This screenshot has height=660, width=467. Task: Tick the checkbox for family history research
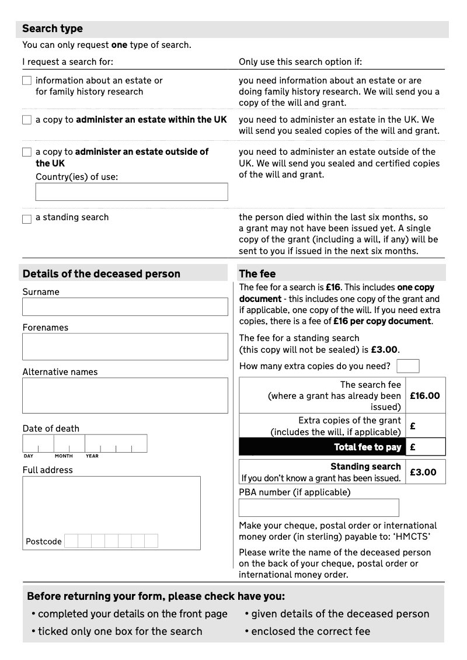pos(27,81)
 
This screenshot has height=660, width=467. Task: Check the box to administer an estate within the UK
pos(27,120)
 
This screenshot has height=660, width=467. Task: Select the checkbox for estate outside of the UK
pos(27,152)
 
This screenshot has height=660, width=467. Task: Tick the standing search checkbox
pos(27,219)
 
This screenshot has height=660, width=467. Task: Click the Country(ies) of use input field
pos(131,192)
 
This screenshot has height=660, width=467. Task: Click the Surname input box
pos(125,307)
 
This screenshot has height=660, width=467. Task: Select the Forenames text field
pos(125,346)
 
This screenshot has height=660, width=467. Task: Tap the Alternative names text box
pos(125,395)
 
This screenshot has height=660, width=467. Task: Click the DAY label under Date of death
pos(29,456)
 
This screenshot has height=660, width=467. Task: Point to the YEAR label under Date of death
pos(92,456)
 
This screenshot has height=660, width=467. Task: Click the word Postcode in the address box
pos(44,541)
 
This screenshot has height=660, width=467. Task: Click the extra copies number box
pos(407,366)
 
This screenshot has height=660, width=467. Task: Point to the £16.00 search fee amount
pos(425,395)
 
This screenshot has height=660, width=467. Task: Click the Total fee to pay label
pos(367,447)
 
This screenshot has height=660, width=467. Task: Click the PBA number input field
pos(319,507)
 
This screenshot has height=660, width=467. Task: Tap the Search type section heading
pos(53,29)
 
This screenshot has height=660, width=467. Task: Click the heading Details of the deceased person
pos(101,273)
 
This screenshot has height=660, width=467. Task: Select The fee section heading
pos(257,273)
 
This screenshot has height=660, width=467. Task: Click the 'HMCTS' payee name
pos(413,537)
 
